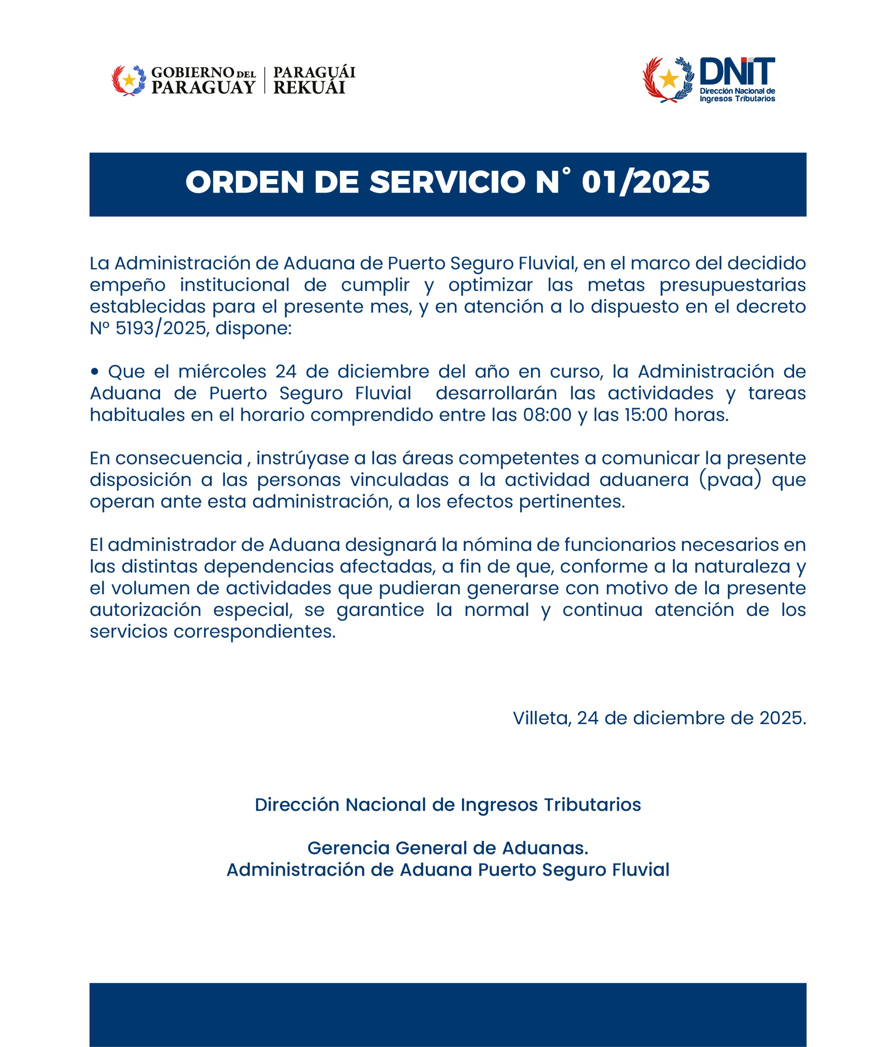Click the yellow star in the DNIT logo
(669, 79)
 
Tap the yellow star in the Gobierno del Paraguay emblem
(129, 80)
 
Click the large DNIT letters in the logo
(737, 71)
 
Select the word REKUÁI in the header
(309, 88)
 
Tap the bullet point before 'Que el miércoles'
(95, 372)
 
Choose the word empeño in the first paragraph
(127, 285)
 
